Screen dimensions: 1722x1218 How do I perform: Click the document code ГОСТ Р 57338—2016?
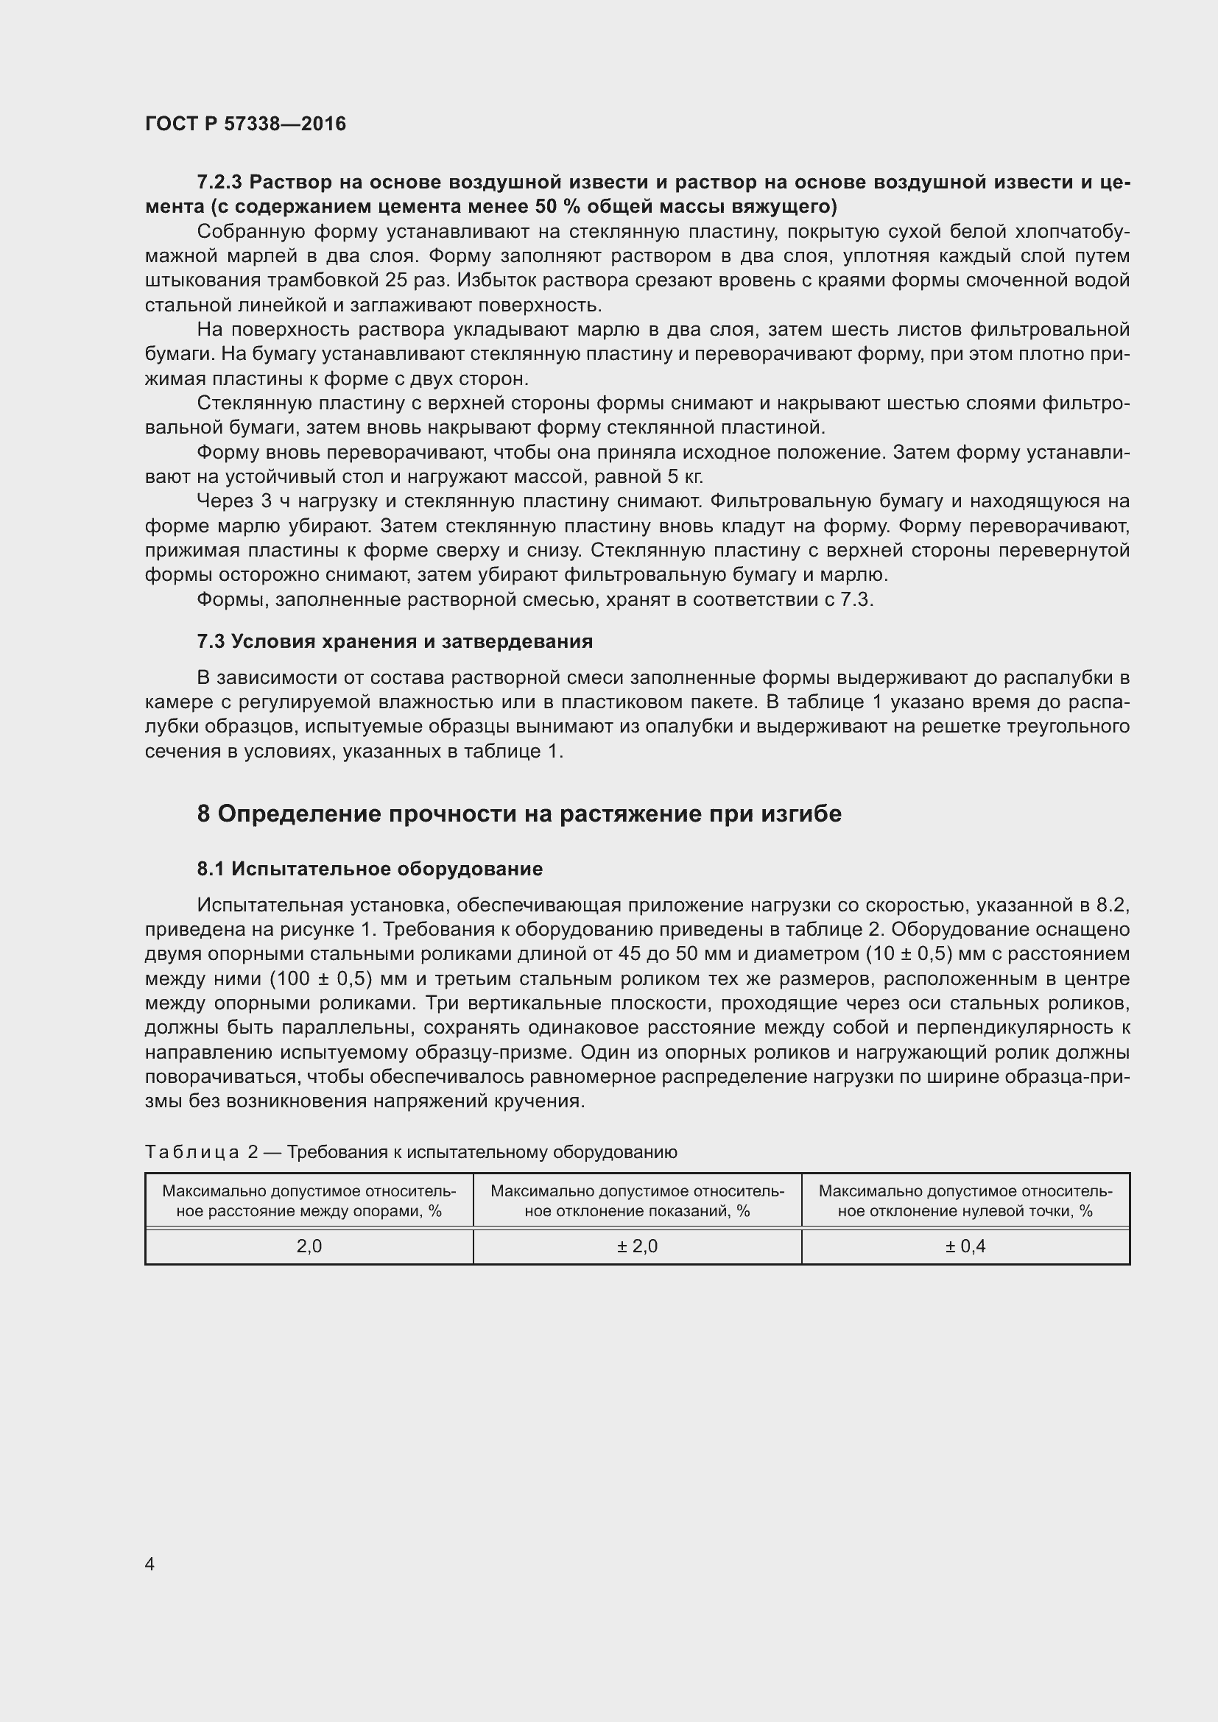(245, 124)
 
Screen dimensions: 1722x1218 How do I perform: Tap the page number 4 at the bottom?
(150, 1564)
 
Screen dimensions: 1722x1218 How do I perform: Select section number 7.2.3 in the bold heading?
(219, 183)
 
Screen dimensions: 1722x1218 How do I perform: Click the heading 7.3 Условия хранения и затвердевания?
(395, 641)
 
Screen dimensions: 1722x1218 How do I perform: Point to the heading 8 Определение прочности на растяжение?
(519, 814)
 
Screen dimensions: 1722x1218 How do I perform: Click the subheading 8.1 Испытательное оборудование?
(370, 869)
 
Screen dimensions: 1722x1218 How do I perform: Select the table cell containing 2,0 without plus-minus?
(309, 1246)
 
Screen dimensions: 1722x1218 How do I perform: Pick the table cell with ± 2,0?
(637, 1246)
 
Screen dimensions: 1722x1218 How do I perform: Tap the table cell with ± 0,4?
(965, 1246)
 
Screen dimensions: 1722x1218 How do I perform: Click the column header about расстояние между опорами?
(309, 1201)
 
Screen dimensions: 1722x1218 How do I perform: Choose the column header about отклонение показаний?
(637, 1201)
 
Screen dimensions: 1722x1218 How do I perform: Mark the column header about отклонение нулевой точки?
(965, 1201)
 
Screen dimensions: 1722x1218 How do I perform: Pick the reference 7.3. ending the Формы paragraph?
(856, 600)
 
